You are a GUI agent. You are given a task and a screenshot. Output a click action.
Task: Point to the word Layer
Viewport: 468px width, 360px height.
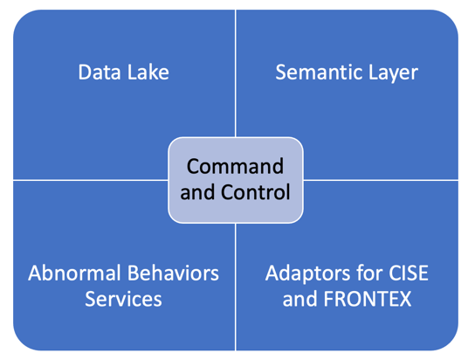click(394, 73)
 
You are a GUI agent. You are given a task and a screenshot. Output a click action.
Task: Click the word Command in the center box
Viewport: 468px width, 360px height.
click(235, 166)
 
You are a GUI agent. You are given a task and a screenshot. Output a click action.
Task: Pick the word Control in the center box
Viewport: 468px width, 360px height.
click(256, 192)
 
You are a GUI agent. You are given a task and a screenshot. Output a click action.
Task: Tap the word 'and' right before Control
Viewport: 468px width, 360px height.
click(197, 192)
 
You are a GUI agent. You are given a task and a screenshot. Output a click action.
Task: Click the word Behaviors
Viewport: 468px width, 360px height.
click(174, 273)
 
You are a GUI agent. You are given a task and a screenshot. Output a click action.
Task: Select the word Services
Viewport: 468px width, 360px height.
click(123, 299)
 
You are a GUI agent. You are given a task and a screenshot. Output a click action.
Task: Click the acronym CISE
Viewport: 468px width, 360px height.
click(409, 273)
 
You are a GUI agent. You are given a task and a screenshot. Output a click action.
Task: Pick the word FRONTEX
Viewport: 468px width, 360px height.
click(368, 299)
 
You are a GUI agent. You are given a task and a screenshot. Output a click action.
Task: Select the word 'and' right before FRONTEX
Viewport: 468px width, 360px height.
click(299, 299)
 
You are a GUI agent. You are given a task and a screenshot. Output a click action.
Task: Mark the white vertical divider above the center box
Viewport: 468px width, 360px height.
click(236, 73)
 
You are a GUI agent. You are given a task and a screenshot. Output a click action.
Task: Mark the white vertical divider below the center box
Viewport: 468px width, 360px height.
click(236, 287)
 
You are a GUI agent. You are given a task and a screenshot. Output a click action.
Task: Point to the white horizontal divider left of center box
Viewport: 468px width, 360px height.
click(91, 180)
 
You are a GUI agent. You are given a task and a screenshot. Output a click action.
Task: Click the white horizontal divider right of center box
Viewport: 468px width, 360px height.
click(381, 180)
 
